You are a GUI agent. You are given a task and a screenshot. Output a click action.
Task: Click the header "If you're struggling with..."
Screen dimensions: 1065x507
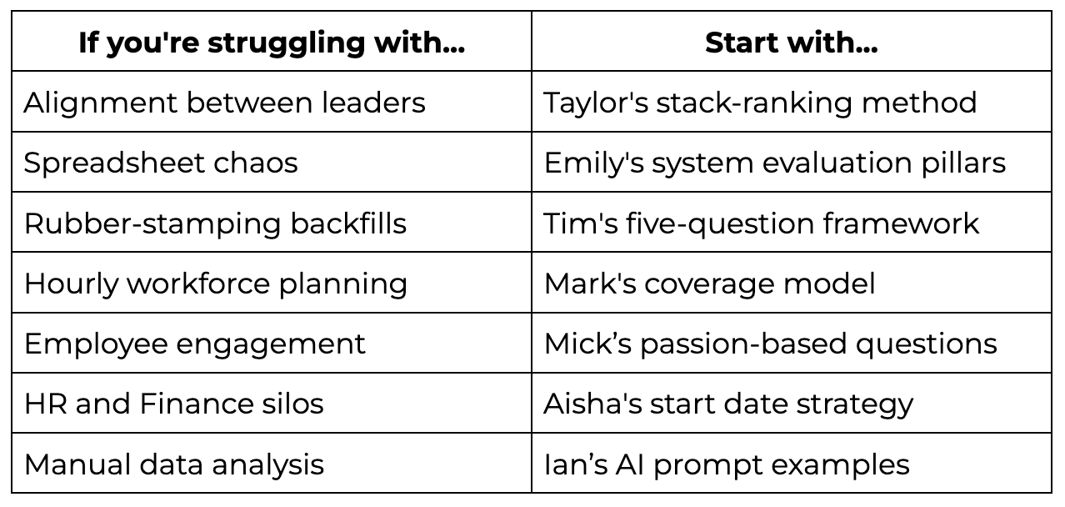coord(272,43)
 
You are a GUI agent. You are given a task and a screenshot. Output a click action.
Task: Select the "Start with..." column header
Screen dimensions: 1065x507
coord(791,43)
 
